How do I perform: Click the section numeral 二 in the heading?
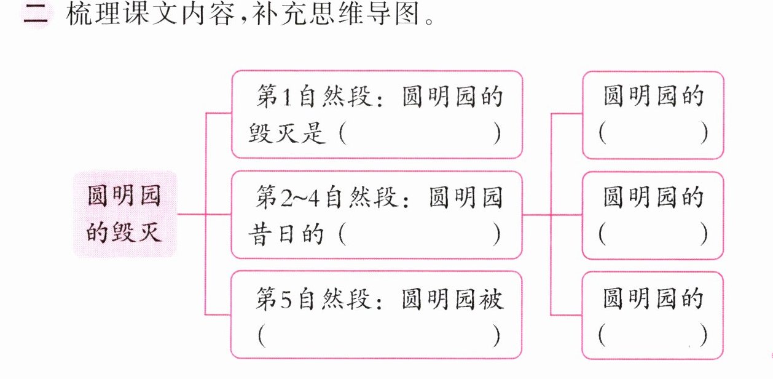click(36, 15)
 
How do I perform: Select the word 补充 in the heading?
click(279, 14)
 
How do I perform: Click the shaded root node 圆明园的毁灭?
click(125, 214)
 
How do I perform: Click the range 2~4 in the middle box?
click(300, 198)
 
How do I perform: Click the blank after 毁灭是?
click(420, 134)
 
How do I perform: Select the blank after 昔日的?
click(420, 234)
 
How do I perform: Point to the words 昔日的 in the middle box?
click(286, 234)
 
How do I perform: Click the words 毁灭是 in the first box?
click(286, 134)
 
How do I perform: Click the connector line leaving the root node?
click(191, 214)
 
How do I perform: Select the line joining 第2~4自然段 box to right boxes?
click(536, 215)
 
